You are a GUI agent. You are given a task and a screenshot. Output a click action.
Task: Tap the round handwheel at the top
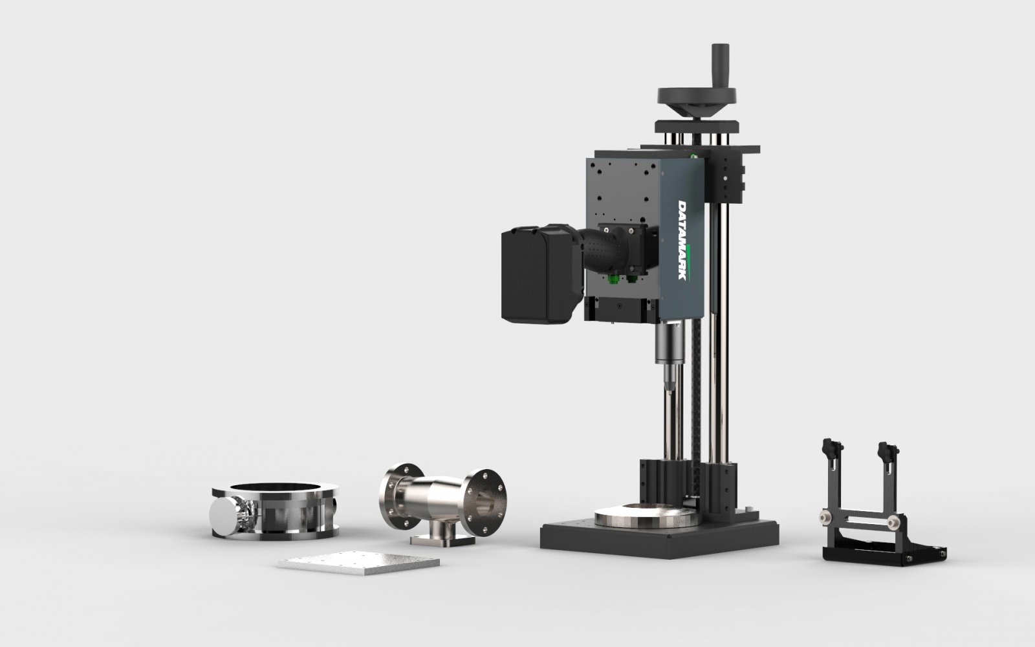coord(696,95)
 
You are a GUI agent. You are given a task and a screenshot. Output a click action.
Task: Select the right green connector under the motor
coord(631,279)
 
